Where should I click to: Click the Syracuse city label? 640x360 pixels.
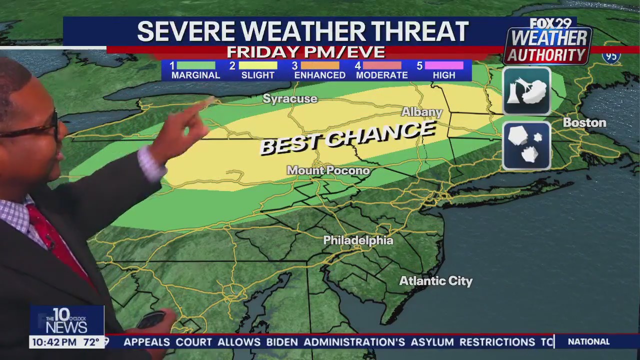tap(290, 99)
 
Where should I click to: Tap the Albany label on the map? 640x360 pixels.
tap(422, 112)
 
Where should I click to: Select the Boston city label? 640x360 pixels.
tap(584, 122)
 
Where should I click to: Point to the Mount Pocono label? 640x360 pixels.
tap(328, 170)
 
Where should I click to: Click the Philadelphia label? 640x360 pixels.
tap(358, 240)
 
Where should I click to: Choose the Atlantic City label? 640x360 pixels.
tap(435, 281)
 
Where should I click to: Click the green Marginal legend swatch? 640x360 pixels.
tap(195, 65)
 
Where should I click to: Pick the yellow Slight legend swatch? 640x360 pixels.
tap(258, 65)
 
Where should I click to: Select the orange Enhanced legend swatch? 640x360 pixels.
tap(320, 65)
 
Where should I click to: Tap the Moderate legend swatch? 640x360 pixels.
tap(382, 65)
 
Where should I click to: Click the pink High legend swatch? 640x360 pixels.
tap(444, 65)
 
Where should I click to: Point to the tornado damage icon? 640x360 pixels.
tap(526, 91)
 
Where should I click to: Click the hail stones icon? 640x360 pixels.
tap(526, 145)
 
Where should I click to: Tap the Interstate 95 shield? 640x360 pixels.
tap(611, 56)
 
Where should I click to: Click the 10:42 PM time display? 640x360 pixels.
tap(54, 342)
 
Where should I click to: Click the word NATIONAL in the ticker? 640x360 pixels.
tap(588, 342)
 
